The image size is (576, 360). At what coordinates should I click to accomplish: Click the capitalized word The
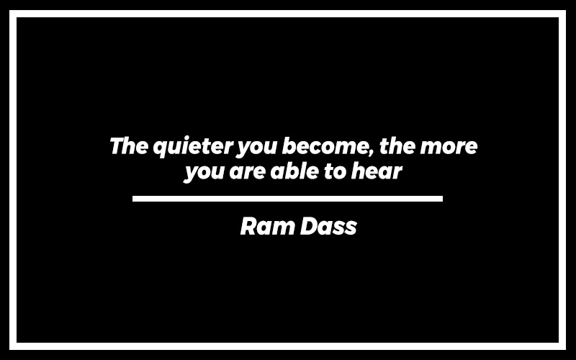pos(129,145)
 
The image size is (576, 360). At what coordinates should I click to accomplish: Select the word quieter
pos(193,147)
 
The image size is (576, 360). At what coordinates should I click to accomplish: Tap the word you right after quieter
pos(256,148)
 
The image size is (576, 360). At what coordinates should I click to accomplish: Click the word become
pos(325,145)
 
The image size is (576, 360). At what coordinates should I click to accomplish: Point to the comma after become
pos(372,153)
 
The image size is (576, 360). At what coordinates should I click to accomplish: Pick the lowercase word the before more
pos(397,145)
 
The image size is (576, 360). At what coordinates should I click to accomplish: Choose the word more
pos(449,148)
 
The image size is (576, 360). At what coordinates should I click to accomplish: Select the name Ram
pos(267,226)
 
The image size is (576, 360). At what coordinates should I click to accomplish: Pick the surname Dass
pos(328,226)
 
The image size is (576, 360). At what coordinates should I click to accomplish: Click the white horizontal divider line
pos(287,199)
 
